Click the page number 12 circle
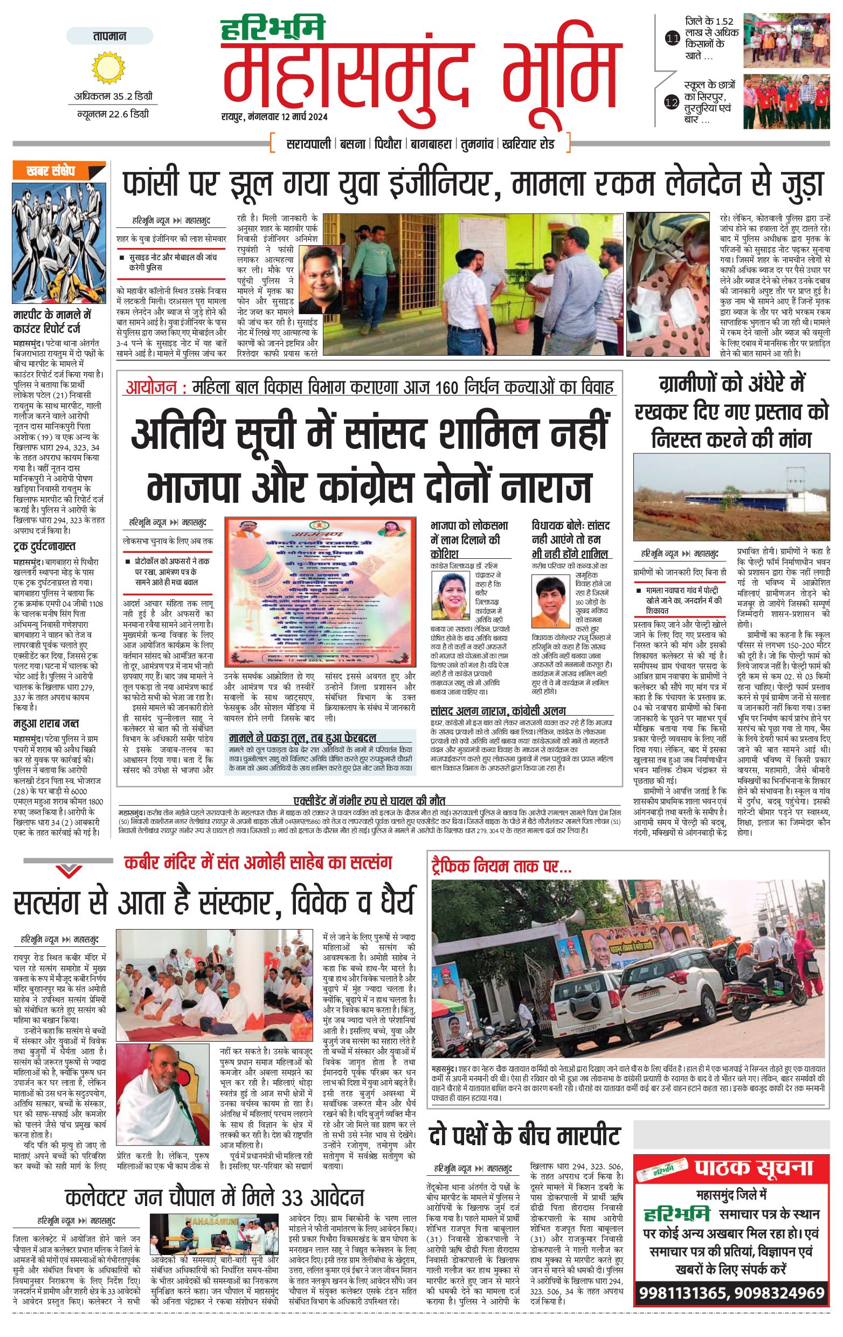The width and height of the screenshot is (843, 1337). tap(672, 102)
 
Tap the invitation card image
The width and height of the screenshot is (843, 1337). tap(320, 592)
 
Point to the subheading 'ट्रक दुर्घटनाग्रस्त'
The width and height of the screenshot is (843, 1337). tap(44, 546)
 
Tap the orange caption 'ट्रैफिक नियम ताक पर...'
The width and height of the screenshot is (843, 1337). tap(501, 866)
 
